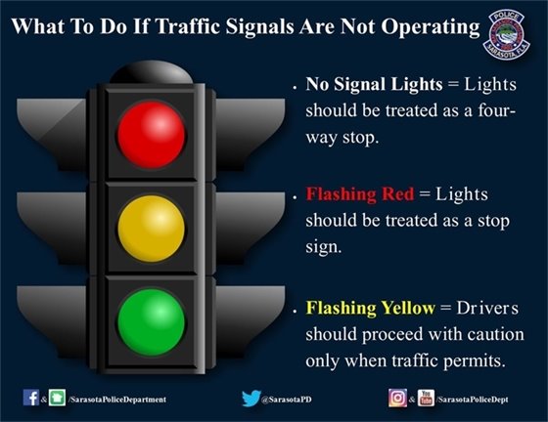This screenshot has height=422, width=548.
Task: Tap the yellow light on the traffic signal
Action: coord(151,225)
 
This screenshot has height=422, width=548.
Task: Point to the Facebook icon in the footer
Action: coord(30,398)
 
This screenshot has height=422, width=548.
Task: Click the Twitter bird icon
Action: coord(250,398)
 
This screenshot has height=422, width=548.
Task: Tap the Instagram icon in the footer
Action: coord(396,398)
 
